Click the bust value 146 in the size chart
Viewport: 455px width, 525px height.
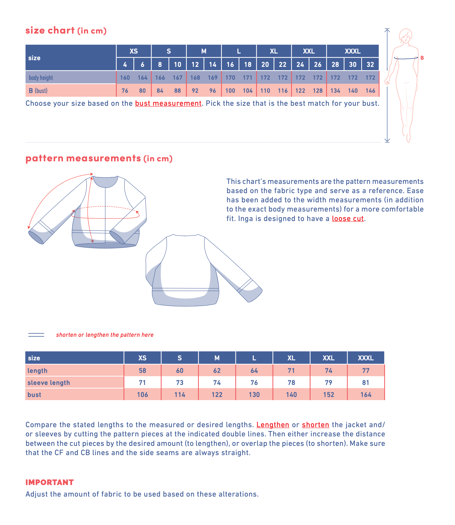370,91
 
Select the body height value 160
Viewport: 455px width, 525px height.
125,78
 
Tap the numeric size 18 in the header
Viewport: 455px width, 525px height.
248,65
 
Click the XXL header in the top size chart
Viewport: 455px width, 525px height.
309,51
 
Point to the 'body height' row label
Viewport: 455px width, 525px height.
41,78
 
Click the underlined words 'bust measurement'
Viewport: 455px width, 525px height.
168,103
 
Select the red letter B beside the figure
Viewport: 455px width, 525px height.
422,58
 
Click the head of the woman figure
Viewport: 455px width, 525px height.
406,36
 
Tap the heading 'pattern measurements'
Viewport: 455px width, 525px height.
83,159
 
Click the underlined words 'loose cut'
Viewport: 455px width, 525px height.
348,219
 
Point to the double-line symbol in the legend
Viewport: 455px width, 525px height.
36,335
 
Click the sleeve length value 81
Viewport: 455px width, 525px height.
366,383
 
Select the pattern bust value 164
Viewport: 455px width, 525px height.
366,395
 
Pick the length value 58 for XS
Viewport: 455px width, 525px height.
142,371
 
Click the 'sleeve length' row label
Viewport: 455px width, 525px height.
49,383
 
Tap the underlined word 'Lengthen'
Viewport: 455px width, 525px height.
273,425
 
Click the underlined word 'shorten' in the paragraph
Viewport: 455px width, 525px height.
315,425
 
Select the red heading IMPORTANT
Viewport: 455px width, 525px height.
49,482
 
